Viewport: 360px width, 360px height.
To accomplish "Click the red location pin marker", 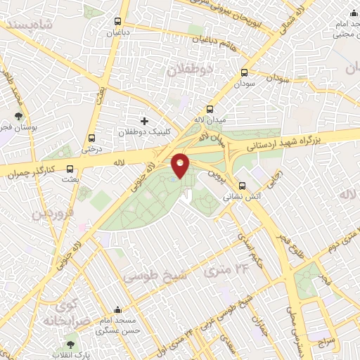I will [181, 165].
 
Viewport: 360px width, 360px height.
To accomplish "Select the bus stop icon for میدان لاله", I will [210, 109].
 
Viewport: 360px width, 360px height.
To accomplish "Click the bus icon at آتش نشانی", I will [243, 186].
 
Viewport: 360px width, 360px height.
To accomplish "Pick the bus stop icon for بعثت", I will [70, 169].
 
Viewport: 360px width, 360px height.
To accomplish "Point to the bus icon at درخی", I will [91, 138].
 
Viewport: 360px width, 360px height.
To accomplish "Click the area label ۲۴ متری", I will [226, 267].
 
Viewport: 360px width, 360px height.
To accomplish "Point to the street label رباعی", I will [276, 174].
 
